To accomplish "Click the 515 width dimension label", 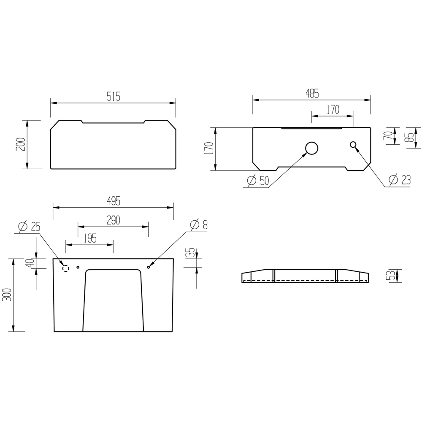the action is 113,96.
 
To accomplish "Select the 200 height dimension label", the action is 21,144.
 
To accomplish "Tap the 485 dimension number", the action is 312,93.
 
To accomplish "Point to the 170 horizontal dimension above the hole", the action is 333,110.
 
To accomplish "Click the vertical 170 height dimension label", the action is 209,148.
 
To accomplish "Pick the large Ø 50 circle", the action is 312,148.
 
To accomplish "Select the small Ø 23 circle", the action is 353,144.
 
